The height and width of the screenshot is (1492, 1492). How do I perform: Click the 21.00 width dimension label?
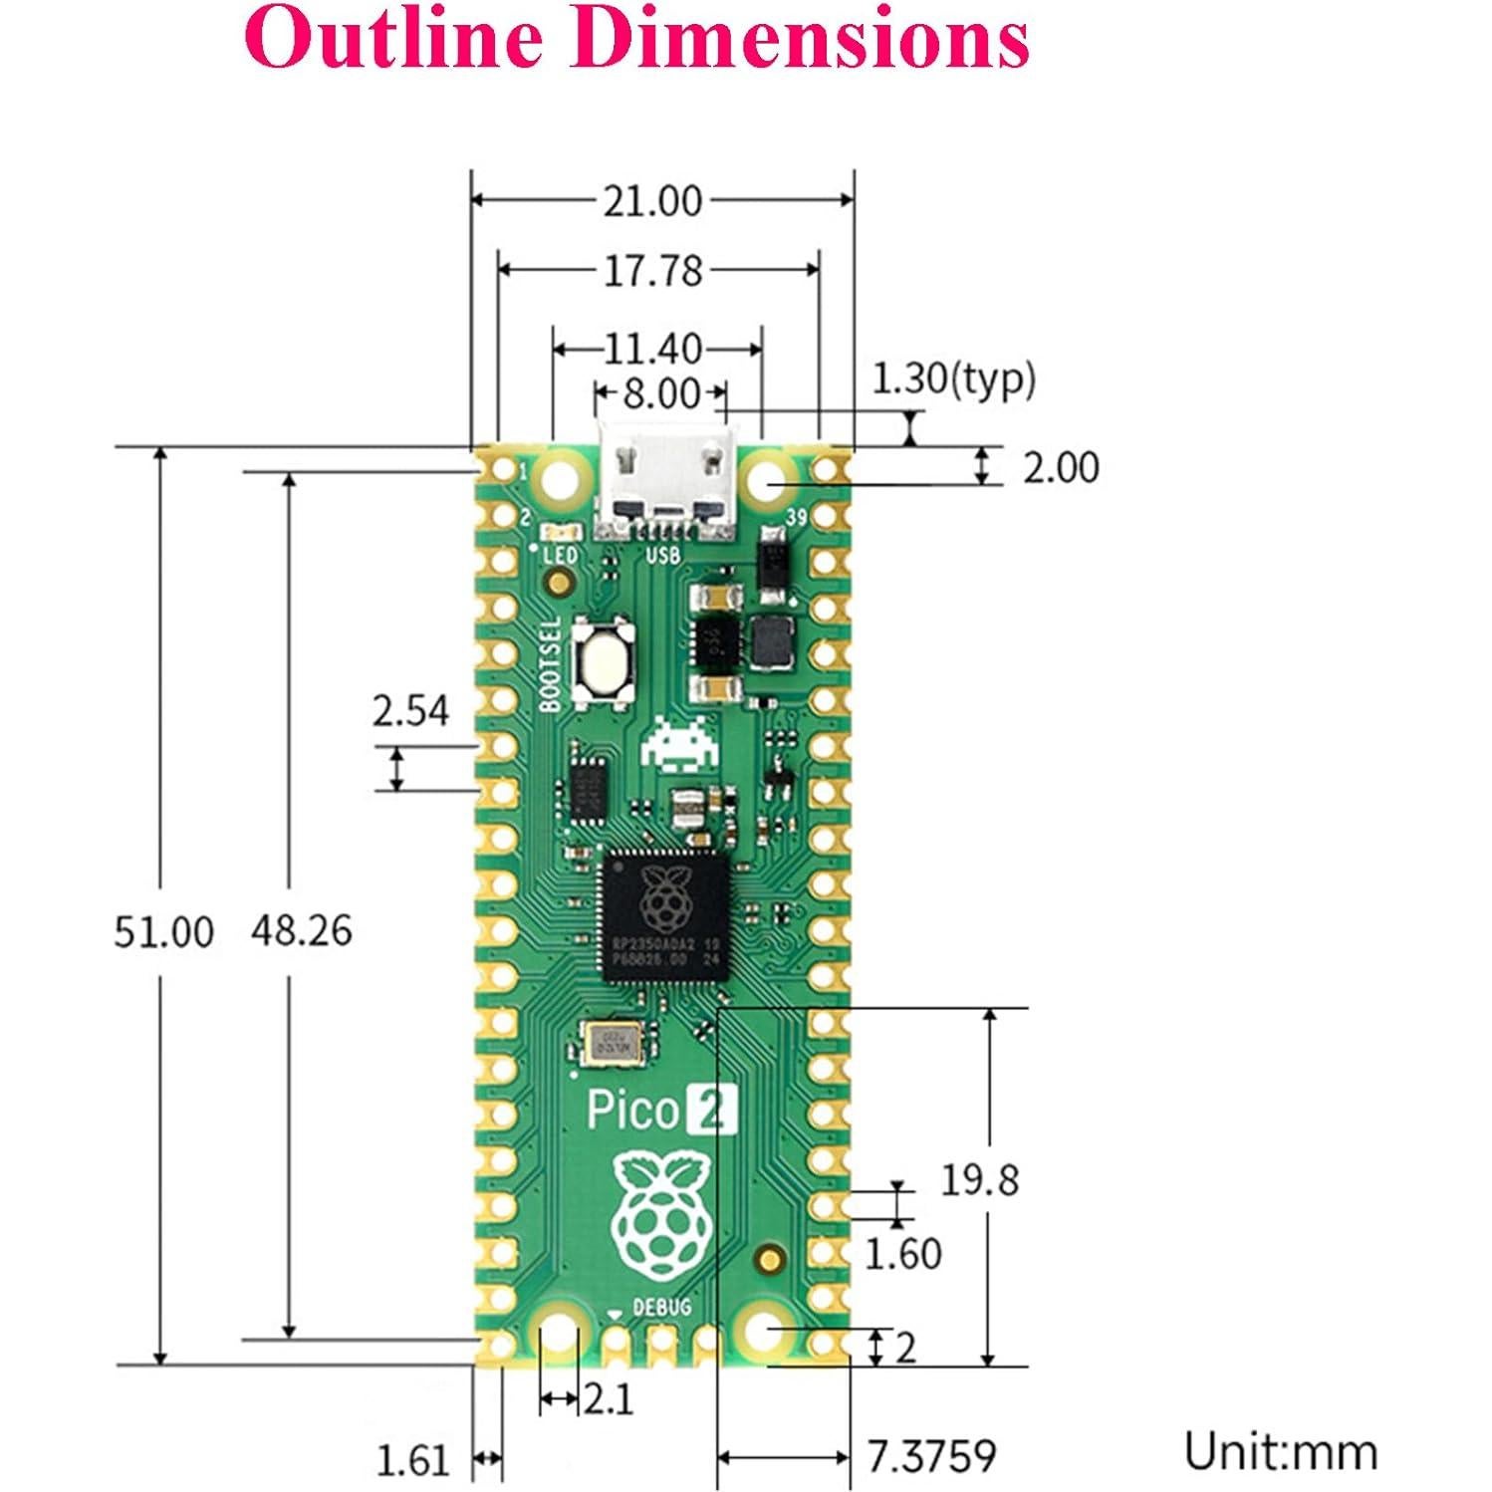652,201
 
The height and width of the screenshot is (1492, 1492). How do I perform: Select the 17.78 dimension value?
653,271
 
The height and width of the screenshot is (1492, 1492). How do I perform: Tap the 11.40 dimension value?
653,350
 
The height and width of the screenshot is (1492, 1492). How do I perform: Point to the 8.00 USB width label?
660,393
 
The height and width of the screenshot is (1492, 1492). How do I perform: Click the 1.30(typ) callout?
953,378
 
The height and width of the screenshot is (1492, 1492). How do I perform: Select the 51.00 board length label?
163,932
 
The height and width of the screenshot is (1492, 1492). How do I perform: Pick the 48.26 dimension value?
301,930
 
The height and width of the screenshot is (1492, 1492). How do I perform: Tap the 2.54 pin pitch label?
410,711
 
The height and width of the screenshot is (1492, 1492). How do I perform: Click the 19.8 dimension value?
980,1180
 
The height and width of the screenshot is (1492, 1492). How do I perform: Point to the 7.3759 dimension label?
931,1456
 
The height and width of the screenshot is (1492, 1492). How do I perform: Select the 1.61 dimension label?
412,1461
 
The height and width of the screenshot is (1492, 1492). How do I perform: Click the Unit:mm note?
1281,1451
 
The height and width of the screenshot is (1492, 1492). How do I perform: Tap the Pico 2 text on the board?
661,1111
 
